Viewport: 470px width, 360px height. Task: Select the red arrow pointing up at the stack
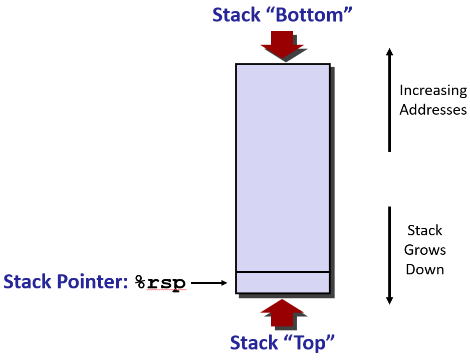coord(282,313)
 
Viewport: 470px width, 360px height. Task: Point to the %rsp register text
coord(160,282)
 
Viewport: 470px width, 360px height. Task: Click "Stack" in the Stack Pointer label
coord(28,282)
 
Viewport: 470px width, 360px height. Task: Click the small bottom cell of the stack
coord(283,283)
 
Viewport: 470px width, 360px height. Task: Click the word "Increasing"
coord(433,91)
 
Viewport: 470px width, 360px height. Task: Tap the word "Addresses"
coord(433,110)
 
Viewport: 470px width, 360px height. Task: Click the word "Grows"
coord(425,250)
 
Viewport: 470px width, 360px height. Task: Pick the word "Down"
coord(425,269)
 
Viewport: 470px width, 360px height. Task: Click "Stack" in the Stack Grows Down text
coord(425,231)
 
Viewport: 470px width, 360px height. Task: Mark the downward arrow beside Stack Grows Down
coord(390,255)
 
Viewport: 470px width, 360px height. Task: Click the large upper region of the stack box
coord(283,165)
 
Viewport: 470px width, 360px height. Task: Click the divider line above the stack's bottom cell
coord(283,272)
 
